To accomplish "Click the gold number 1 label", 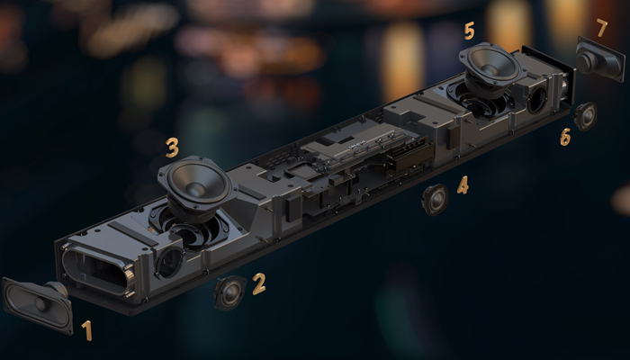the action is (86, 330).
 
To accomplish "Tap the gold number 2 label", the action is (259, 283).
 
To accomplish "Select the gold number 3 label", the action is (172, 148).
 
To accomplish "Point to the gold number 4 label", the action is (463, 185).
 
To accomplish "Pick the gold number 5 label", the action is (469, 31).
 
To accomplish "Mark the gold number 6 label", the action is (565, 137).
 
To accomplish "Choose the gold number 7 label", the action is (601, 28).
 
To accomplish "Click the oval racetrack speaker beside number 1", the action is (38, 304).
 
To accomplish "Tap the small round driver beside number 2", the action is (229, 292).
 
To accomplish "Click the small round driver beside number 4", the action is (435, 200).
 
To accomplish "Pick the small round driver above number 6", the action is (585, 116).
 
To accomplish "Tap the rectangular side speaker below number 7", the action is (600, 58).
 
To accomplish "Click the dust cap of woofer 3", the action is (196, 189).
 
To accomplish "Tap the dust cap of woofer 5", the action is (491, 69).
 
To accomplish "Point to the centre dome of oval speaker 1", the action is (40, 304).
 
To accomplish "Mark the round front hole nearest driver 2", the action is (169, 263).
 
